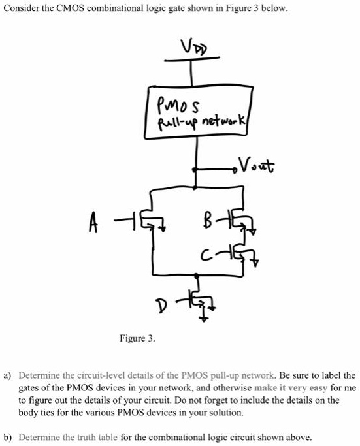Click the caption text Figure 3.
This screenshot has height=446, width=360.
(137, 338)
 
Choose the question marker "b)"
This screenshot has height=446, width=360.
(8, 437)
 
